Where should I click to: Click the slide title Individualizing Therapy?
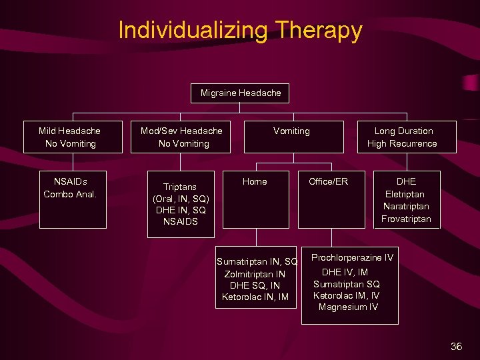[x=240, y=30]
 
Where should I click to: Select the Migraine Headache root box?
[x=241, y=93]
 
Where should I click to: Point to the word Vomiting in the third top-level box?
[x=291, y=131]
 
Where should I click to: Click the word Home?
[x=255, y=181]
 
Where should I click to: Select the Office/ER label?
[x=328, y=181]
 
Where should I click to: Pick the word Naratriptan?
[x=406, y=207]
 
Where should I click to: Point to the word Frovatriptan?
[x=406, y=219]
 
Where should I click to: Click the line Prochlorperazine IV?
[x=352, y=257]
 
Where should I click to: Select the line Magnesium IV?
[x=348, y=307]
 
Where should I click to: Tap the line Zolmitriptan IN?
[x=255, y=273]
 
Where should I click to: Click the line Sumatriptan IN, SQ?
[x=257, y=261]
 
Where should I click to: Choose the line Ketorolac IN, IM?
[x=255, y=297]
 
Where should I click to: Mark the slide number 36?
[x=456, y=346]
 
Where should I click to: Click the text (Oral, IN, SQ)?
[x=181, y=199]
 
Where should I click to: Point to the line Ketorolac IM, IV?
[x=347, y=295]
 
